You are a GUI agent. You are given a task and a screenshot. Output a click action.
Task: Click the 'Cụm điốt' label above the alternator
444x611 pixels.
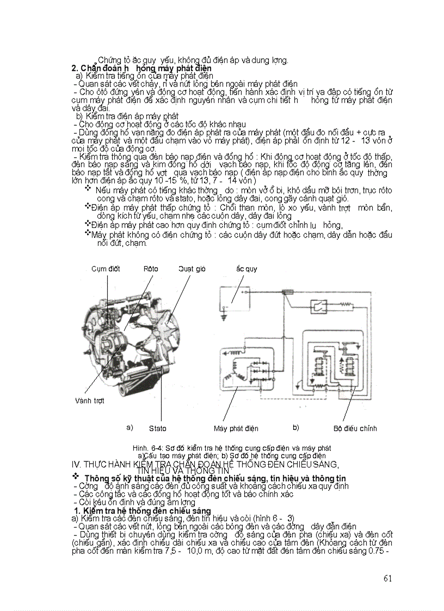click(106, 269)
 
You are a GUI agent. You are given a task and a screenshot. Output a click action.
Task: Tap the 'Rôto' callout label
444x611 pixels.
click(151, 269)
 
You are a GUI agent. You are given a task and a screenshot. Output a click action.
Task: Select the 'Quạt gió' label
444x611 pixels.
click(192, 269)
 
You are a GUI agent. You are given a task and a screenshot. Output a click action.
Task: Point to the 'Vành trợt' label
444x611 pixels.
click(89, 400)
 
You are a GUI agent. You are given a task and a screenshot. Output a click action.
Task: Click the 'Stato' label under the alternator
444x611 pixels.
click(158, 428)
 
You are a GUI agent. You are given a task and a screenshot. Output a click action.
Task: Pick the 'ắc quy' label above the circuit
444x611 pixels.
click(246, 269)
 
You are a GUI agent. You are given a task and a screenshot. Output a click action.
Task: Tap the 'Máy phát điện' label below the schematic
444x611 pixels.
click(236, 428)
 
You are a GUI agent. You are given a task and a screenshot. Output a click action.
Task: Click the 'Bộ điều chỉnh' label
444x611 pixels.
click(355, 428)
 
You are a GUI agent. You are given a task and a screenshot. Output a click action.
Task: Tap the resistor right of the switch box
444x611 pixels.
click(343, 307)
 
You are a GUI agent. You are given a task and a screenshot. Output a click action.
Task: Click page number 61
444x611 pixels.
click(387, 578)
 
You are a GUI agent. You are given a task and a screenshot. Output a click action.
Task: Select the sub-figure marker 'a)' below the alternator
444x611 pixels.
click(129, 427)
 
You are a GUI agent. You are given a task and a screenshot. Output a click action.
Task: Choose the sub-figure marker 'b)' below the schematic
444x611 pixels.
click(296, 427)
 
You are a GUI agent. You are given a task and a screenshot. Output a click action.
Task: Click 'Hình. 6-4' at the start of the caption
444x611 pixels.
click(145, 448)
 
